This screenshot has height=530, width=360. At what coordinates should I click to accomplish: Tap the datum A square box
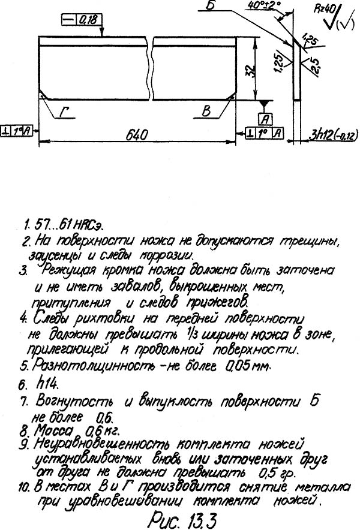(x=263, y=117)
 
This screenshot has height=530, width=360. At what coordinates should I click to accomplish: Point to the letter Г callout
(x=65, y=113)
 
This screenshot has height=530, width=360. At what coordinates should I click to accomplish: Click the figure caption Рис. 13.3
(x=179, y=516)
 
